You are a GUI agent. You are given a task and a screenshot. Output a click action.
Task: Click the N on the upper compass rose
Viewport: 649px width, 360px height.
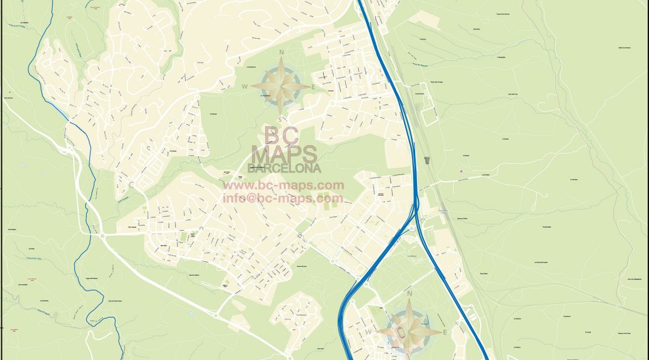(x=282, y=52)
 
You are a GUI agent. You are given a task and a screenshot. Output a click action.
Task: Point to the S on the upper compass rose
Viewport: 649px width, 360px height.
(x=281, y=119)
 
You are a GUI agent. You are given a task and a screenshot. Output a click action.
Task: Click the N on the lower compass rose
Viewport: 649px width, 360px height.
(x=410, y=294)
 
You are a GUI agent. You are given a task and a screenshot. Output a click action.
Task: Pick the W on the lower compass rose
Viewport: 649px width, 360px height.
(x=378, y=331)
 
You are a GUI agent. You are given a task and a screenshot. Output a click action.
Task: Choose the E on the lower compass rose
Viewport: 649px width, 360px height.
(x=445, y=332)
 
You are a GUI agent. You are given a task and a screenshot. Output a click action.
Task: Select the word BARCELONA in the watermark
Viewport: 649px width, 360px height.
(x=284, y=168)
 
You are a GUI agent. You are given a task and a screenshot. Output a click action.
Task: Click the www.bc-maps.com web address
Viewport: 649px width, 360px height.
(x=284, y=185)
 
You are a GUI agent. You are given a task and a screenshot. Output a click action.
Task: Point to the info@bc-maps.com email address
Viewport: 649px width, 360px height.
(x=283, y=198)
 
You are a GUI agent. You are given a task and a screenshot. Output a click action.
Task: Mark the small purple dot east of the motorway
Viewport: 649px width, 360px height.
(x=461, y=171)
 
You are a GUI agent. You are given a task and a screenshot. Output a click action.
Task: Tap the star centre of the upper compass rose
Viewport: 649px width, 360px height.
(x=283, y=86)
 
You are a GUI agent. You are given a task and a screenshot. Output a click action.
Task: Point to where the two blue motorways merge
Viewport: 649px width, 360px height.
(x=416, y=206)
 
